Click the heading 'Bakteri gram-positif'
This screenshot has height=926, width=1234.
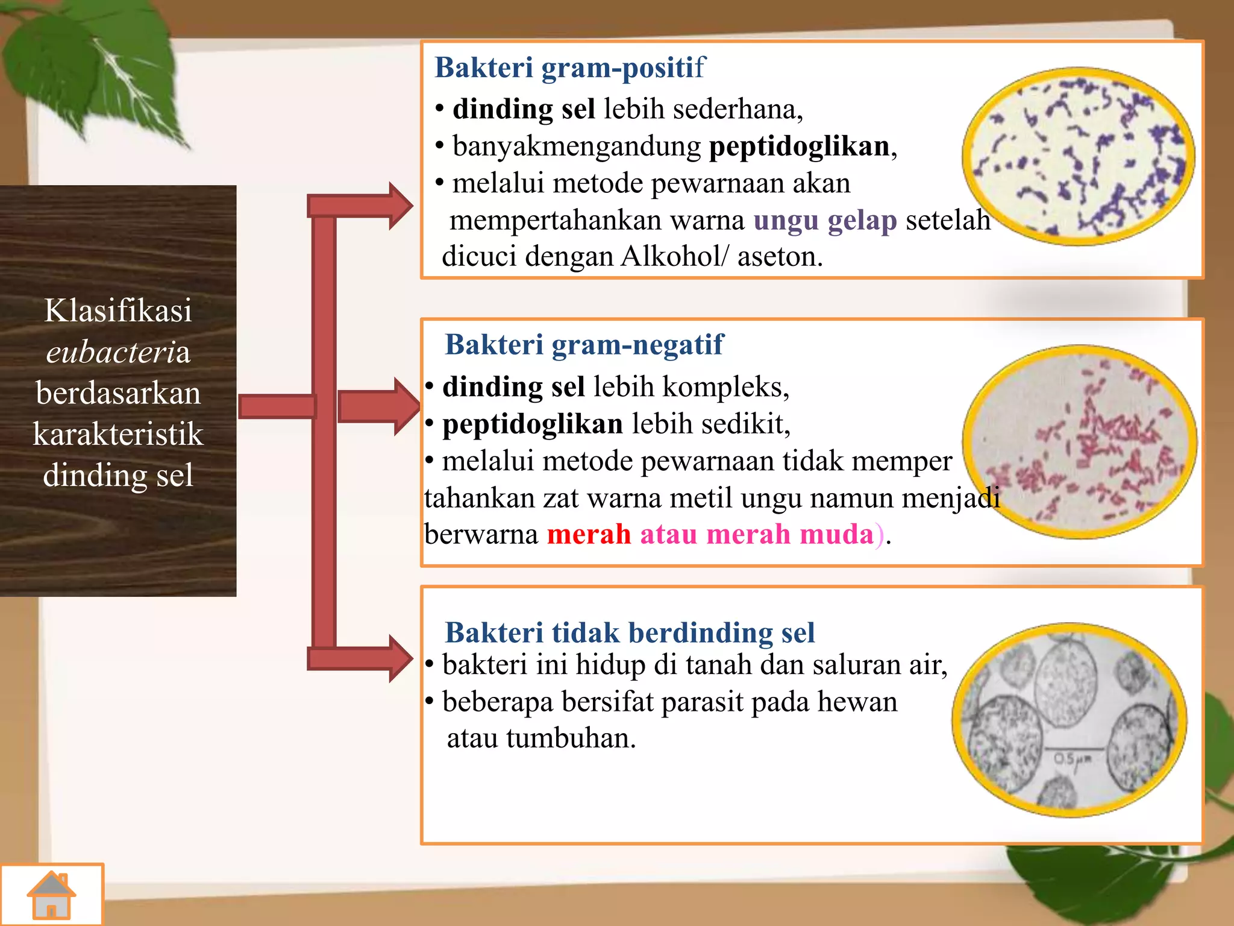pyautogui.click(x=569, y=68)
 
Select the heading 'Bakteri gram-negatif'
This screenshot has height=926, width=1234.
pyautogui.click(x=583, y=345)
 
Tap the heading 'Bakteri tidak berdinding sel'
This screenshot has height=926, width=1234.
pyautogui.click(x=629, y=633)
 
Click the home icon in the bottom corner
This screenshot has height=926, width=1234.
pyautogui.click(x=52, y=895)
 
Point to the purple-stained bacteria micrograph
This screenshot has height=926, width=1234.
pyautogui.click(x=1078, y=157)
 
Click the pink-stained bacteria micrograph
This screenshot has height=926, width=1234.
pyautogui.click(x=1079, y=441)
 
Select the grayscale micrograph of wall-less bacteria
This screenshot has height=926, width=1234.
pyautogui.click(x=1070, y=720)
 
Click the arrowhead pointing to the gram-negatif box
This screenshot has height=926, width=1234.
pyautogui.click(x=406, y=406)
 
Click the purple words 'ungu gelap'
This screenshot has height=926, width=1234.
pyautogui.click(x=825, y=221)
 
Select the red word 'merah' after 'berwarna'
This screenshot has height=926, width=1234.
pyautogui.click(x=589, y=535)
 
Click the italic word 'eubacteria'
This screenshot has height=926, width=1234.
pyautogui.click(x=118, y=352)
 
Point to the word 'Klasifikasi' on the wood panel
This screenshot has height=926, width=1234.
pyautogui.click(x=118, y=311)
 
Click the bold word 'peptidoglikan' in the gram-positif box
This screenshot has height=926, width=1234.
pyautogui.click(x=800, y=146)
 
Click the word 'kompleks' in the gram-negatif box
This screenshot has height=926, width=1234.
pyautogui.click(x=722, y=387)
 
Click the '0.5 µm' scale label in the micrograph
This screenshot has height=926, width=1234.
pyautogui.click(x=1072, y=758)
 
